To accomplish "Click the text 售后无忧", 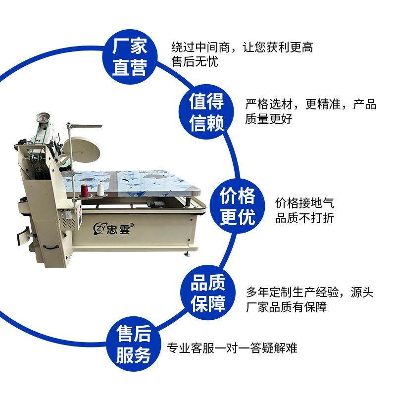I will [195, 62].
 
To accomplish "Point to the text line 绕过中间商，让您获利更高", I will [242, 47].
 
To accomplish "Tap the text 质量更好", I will [269, 119].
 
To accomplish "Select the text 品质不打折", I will [304, 218].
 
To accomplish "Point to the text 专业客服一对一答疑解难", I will [232, 348].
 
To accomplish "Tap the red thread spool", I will [84, 191].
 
